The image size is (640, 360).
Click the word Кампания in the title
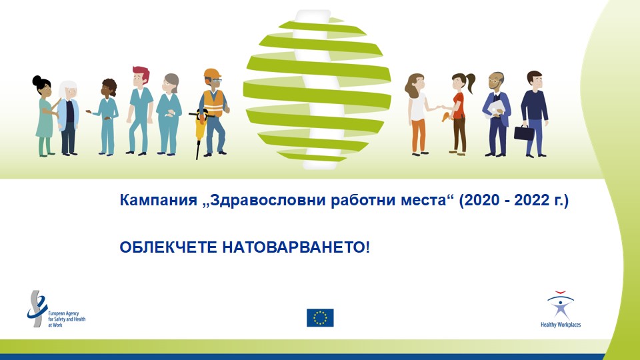tap(159, 200)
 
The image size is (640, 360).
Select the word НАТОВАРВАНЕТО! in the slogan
tap(296, 247)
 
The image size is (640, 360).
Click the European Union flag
tap(320, 317)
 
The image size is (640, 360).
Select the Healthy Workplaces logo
tap(561, 309)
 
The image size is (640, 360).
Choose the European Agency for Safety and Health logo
tap(56, 309)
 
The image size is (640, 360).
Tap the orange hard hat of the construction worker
tap(212, 74)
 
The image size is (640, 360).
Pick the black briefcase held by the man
tap(524, 133)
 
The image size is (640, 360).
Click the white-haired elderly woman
tap(68, 118)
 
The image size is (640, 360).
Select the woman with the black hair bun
tap(45, 116)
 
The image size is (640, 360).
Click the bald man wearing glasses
tap(496, 114)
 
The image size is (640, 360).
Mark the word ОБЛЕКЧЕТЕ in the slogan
tap(168, 247)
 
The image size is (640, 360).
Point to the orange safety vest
tap(213, 103)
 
